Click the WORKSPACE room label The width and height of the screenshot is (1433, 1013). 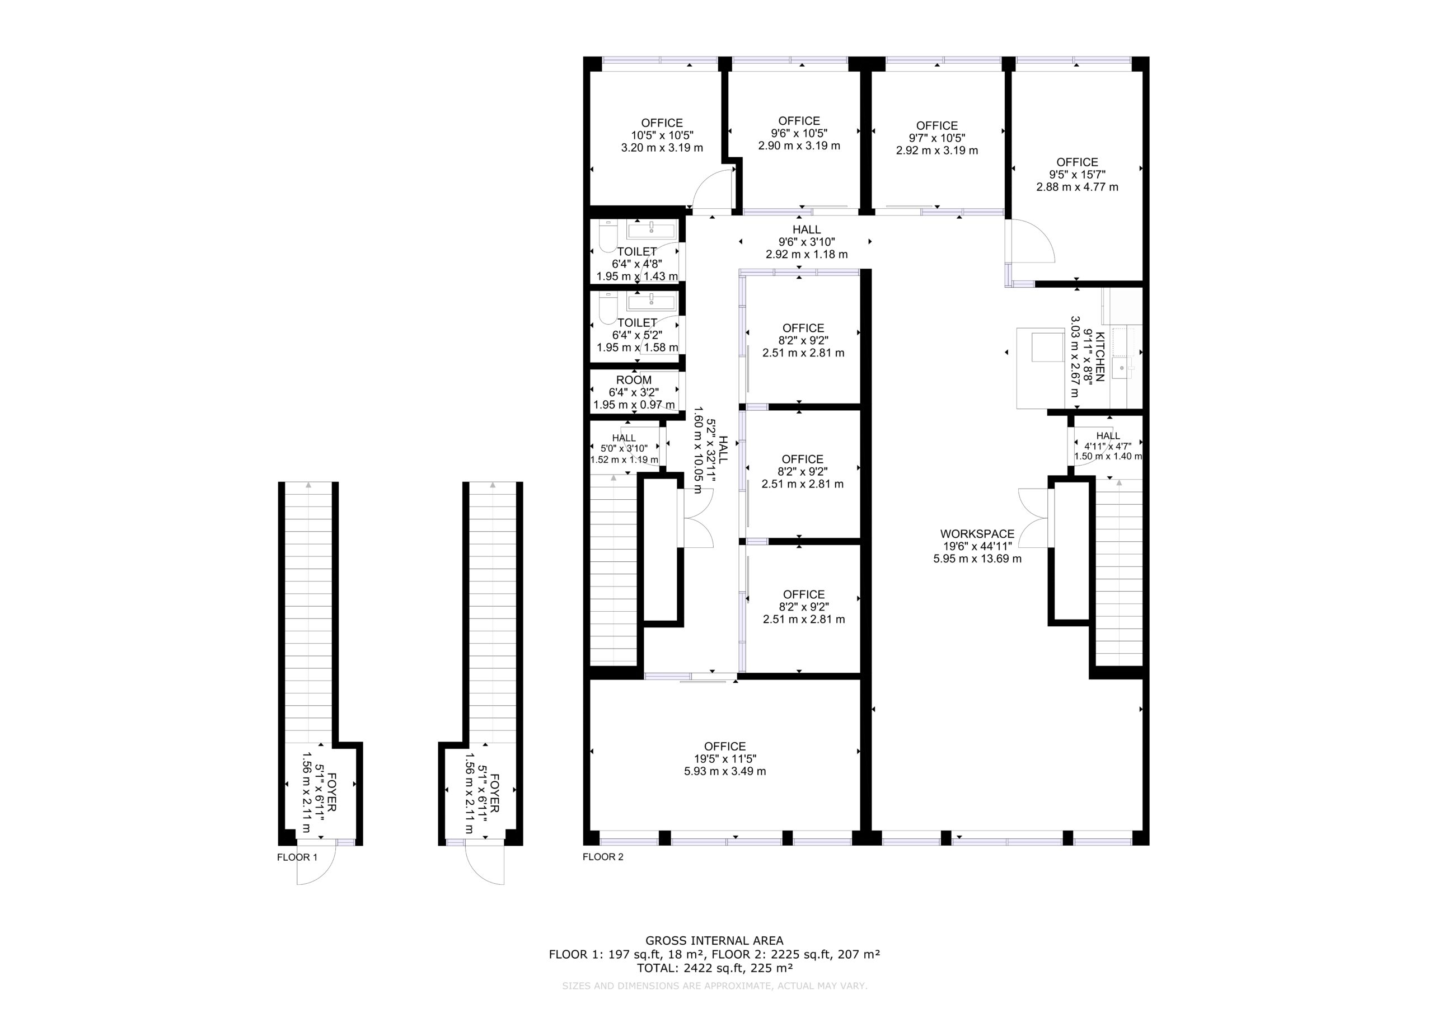977,534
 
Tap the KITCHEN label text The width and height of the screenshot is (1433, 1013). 1100,357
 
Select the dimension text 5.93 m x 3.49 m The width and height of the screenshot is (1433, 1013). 725,771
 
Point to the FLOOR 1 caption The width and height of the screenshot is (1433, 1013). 297,857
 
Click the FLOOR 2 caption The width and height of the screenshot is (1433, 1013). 603,857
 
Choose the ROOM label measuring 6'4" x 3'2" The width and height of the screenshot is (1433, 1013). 634,380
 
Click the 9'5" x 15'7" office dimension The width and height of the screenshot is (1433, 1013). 1077,175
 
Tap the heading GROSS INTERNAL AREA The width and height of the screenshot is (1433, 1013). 715,941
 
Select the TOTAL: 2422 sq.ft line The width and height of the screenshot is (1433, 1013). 715,968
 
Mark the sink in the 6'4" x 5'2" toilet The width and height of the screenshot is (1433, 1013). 652,303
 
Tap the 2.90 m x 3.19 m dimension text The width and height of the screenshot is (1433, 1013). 799,146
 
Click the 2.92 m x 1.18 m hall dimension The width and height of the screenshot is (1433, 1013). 807,254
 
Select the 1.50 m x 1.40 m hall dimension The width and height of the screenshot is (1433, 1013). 1108,456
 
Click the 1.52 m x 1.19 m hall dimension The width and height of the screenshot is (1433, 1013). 624,460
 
